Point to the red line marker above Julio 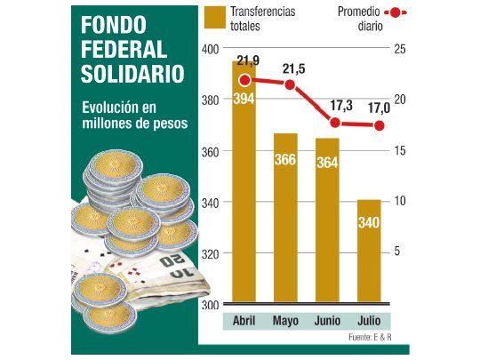click(x=380, y=125)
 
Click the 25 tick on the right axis click(x=400, y=48)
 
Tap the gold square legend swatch click(x=214, y=17)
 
